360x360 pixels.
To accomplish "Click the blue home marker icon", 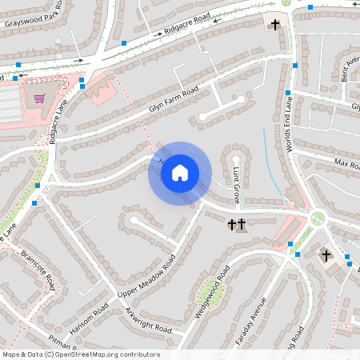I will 180,172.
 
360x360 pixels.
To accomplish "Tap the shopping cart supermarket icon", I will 39,99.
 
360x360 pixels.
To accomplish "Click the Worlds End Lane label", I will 290,120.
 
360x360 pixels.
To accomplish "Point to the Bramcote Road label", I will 38,270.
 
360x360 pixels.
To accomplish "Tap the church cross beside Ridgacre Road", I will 276,24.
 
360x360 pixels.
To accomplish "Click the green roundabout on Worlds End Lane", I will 318,218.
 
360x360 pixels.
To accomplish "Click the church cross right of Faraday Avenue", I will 326,256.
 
